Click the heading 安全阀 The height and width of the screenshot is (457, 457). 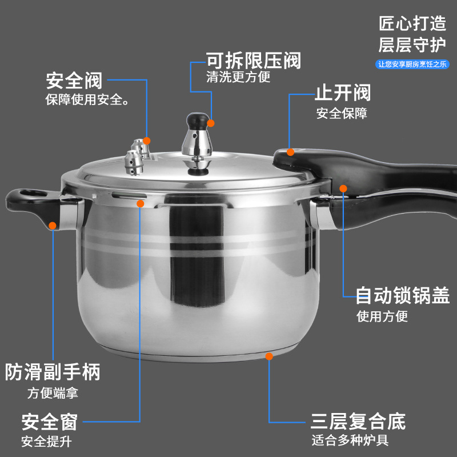click(74, 81)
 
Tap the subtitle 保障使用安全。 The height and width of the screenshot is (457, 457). click(86, 100)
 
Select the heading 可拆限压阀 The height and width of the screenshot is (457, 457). click(253, 60)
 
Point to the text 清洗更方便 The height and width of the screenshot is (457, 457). click(238, 77)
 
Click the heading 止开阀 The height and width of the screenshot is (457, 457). click(342, 93)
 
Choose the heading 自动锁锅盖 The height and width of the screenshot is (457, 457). click(402, 295)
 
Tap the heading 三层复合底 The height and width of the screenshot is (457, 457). click(358, 422)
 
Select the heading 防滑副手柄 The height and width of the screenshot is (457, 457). click(53, 372)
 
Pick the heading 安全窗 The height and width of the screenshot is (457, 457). click(49, 423)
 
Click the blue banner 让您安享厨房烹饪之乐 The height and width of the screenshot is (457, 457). click(411, 65)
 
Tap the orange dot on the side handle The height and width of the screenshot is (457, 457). click(53, 226)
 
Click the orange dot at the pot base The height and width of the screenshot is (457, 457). click(269, 356)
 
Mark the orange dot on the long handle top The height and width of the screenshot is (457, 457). click(291, 151)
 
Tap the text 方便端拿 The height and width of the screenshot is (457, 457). click(53, 393)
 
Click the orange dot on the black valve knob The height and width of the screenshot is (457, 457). click(211, 123)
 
